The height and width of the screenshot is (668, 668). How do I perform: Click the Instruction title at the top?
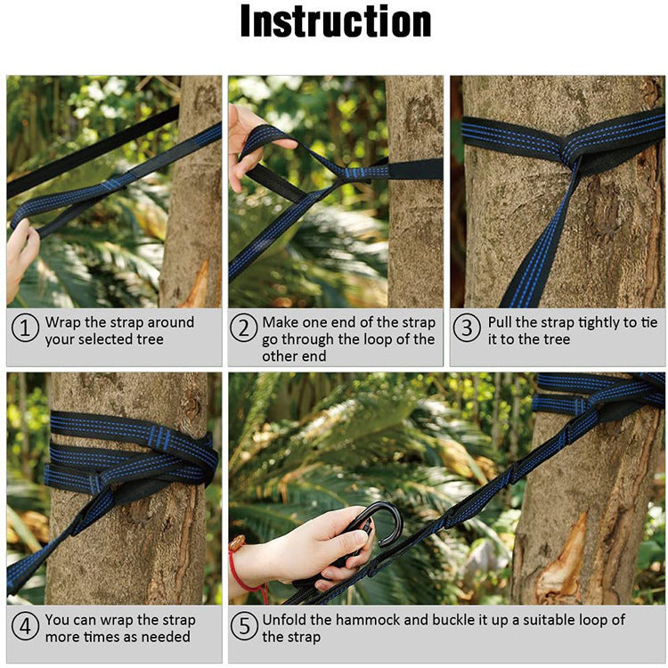(x=335, y=23)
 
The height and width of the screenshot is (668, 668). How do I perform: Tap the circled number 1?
(x=25, y=330)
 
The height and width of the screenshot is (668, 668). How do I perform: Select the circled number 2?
(x=244, y=330)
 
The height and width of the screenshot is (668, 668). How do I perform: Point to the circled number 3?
(x=467, y=330)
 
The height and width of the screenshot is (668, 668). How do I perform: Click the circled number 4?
(x=25, y=627)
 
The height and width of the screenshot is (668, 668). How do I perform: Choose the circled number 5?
(x=244, y=627)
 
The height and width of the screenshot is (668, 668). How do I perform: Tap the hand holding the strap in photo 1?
(x=20, y=254)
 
